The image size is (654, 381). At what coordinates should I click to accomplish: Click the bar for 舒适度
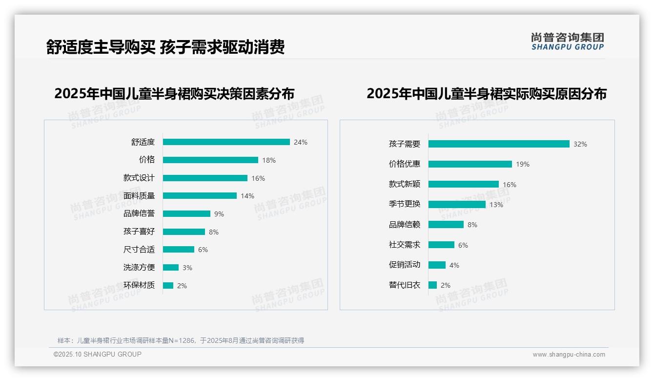pyautogui.click(x=226, y=142)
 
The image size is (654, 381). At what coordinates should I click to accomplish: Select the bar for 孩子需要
pyautogui.click(x=499, y=144)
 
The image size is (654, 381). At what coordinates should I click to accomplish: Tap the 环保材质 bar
pyautogui.click(x=168, y=285)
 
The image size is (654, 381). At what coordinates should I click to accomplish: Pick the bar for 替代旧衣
pyautogui.click(x=432, y=285)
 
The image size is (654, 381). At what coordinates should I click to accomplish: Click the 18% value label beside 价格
pyautogui.click(x=269, y=160)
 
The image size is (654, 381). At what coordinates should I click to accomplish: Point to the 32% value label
pyautogui.click(x=580, y=144)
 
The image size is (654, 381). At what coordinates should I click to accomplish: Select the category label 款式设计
pyautogui.click(x=139, y=178)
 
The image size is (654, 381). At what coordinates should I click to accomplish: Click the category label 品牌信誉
pyautogui.click(x=139, y=213)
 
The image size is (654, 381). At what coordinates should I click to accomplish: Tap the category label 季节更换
pyautogui.click(x=405, y=204)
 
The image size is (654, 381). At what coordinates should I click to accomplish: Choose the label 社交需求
pyautogui.click(x=405, y=245)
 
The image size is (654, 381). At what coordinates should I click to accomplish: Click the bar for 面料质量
pyautogui.click(x=200, y=196)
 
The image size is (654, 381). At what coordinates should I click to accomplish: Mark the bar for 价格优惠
pyautogui.click(x=470, y=164)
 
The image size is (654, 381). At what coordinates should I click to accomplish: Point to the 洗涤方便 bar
pyautogui.click(x=171, y=268)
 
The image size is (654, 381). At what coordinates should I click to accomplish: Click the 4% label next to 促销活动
pyautogui.click(x=454, y=265)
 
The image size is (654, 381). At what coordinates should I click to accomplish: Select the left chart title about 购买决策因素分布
pyautogui.click(x=174, y=94)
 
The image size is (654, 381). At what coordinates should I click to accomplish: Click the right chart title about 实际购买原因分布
pyautogui.click(x=486, y=94)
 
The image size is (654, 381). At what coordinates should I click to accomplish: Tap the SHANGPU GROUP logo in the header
pyautogui.click(x=568, y=42)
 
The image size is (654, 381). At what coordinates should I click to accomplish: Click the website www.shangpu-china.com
pyautogui.click(x=569, y=355)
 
